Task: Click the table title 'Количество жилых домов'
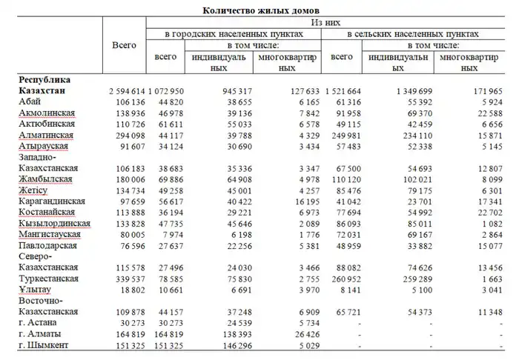[259, 10]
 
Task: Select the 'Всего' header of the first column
[123, 45]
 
